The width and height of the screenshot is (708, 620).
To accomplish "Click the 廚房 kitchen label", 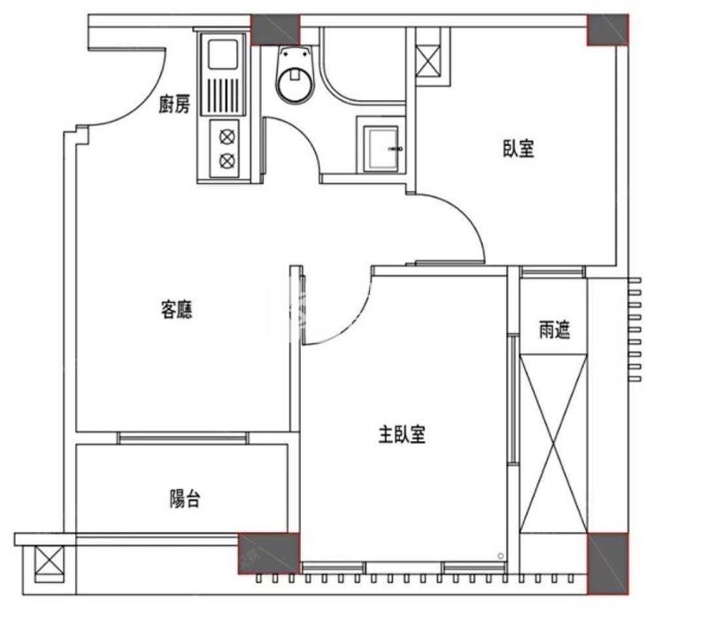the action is [174, 105].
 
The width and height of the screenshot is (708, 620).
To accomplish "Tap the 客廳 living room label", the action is [176, 310].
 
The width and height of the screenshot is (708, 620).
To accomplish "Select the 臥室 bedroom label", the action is [519, 149].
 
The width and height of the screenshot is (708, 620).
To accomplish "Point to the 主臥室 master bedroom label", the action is [402, 434].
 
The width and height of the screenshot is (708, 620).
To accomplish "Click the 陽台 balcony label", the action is [185, 499].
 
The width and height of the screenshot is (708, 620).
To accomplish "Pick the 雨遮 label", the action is [555, 329].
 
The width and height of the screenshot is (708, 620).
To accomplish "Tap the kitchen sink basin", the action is [223, 54].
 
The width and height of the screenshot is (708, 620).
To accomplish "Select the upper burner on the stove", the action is [227, 136].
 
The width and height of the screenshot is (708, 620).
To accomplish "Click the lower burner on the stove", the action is [227, 160].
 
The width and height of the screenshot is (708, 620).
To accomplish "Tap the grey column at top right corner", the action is [608, 30].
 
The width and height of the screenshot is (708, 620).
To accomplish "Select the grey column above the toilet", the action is [275, 30].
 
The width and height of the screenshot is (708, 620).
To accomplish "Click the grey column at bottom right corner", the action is [608, 563].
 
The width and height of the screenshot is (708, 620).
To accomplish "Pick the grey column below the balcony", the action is [269, 553].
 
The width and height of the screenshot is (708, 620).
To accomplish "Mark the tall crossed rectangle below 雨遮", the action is [554, 444].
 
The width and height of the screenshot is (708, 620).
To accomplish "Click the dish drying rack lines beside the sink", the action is [223, 95].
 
